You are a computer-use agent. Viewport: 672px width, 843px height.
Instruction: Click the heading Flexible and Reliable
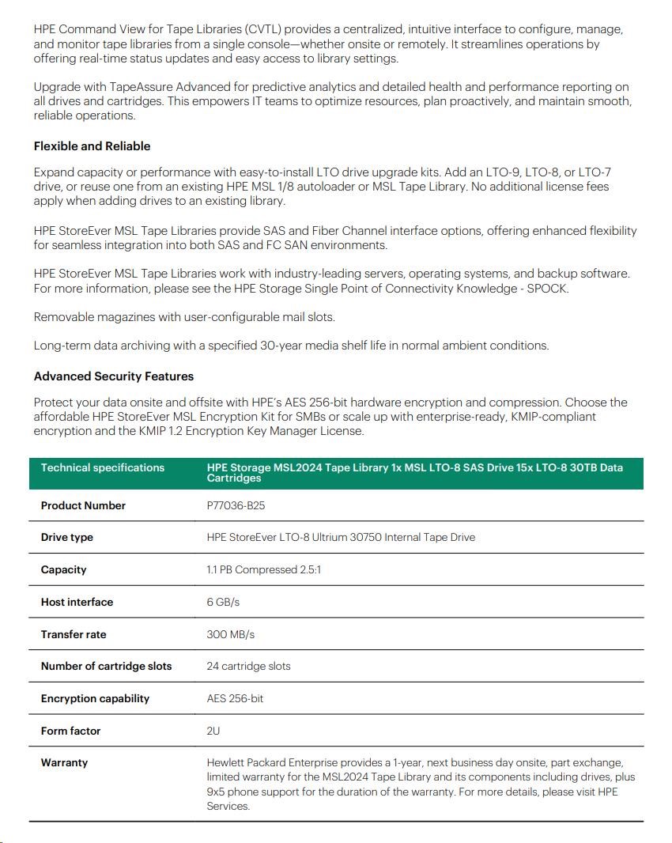[x=92, y=146]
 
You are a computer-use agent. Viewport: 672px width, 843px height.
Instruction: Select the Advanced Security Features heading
[x=113, y=376]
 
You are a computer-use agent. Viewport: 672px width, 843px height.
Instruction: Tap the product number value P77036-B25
[x=236, y=505]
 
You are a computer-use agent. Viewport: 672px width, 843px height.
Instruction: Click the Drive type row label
[x=67, y=538]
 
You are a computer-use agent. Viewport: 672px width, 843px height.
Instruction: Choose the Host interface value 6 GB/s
[x=223, y=603]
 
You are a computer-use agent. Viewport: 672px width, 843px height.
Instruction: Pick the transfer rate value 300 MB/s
[x=230, y=634]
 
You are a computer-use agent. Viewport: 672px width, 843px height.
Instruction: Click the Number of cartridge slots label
[x=106, y=667]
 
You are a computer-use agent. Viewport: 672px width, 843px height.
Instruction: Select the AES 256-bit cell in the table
[x=235, y=699]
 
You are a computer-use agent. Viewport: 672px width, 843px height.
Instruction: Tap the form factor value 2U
[x=213, y=731]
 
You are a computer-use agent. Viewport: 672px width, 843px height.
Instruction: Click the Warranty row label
[x=64, y=763]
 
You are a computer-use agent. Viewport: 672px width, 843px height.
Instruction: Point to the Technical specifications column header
[x=103, y=468]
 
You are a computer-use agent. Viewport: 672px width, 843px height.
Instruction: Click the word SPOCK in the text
[x=547, y=289]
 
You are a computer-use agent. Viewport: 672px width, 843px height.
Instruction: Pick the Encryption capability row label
[x=95, y=699]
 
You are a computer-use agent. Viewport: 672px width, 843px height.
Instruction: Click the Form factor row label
[x=70, y=731]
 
